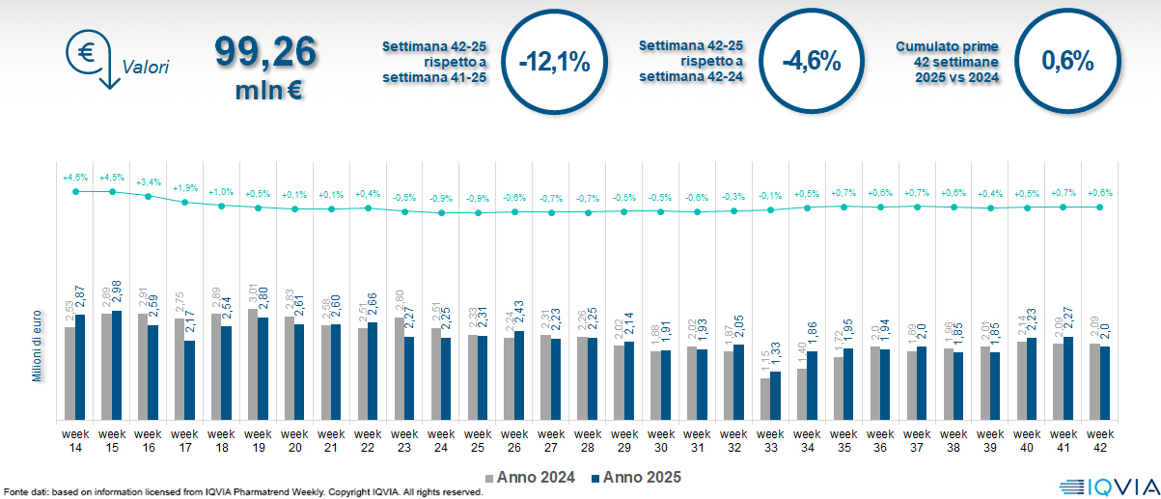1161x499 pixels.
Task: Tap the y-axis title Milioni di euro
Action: point(37,345)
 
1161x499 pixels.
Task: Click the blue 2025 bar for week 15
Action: point(117,365)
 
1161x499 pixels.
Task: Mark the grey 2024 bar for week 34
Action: point(800,394)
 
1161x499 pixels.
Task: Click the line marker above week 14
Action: point(75,192)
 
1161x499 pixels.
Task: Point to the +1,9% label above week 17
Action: point(184,188)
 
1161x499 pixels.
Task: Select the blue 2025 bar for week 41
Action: point(1068,377)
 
